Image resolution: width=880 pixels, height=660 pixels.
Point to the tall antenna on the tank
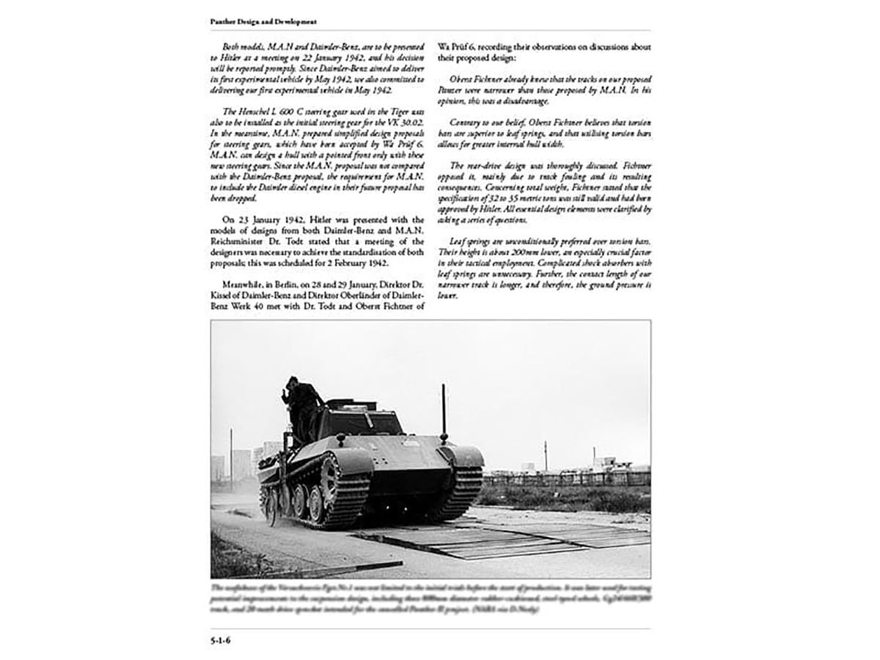tap(444, 411)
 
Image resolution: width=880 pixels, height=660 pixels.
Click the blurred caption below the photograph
tap(430, 603)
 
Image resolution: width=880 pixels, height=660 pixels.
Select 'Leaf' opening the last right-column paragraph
tap(462, 241)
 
